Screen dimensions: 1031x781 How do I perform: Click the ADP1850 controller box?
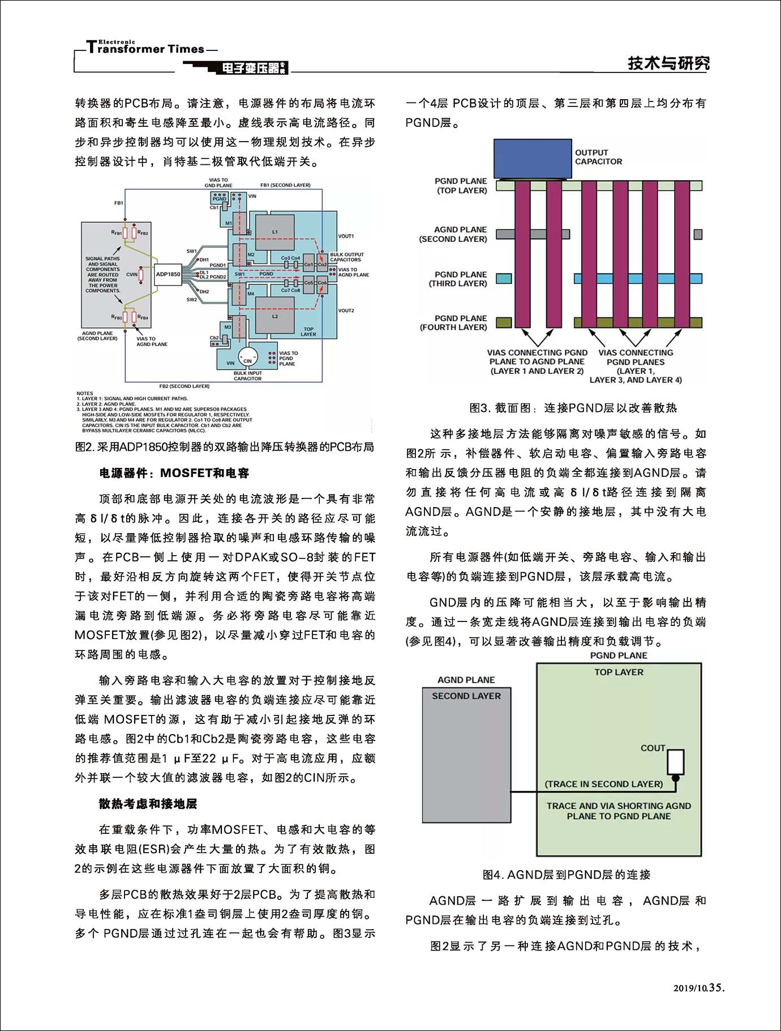(168, 274)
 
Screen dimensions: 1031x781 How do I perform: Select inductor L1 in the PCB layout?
(275, 232)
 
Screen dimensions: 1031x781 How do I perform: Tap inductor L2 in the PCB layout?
(275, 317)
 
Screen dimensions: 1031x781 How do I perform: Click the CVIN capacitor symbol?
(140, 275)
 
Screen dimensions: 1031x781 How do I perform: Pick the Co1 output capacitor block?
(308, 265)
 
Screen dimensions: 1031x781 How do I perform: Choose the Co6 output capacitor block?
(322, 283)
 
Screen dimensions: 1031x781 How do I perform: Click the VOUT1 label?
(346, 236)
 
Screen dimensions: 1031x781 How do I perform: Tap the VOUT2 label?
(346, 310)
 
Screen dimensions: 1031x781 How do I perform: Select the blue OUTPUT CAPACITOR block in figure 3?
(533, 159)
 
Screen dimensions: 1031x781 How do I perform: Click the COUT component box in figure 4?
(675, 762)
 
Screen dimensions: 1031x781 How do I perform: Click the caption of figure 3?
(573, 408)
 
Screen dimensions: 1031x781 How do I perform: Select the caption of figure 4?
(566, 875)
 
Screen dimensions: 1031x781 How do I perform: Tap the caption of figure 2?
(225, 447)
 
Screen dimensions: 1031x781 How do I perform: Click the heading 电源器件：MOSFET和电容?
(174, 473)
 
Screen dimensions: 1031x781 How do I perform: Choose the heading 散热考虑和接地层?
(148, 803)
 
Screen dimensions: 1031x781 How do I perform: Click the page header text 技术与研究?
(668, 63)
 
